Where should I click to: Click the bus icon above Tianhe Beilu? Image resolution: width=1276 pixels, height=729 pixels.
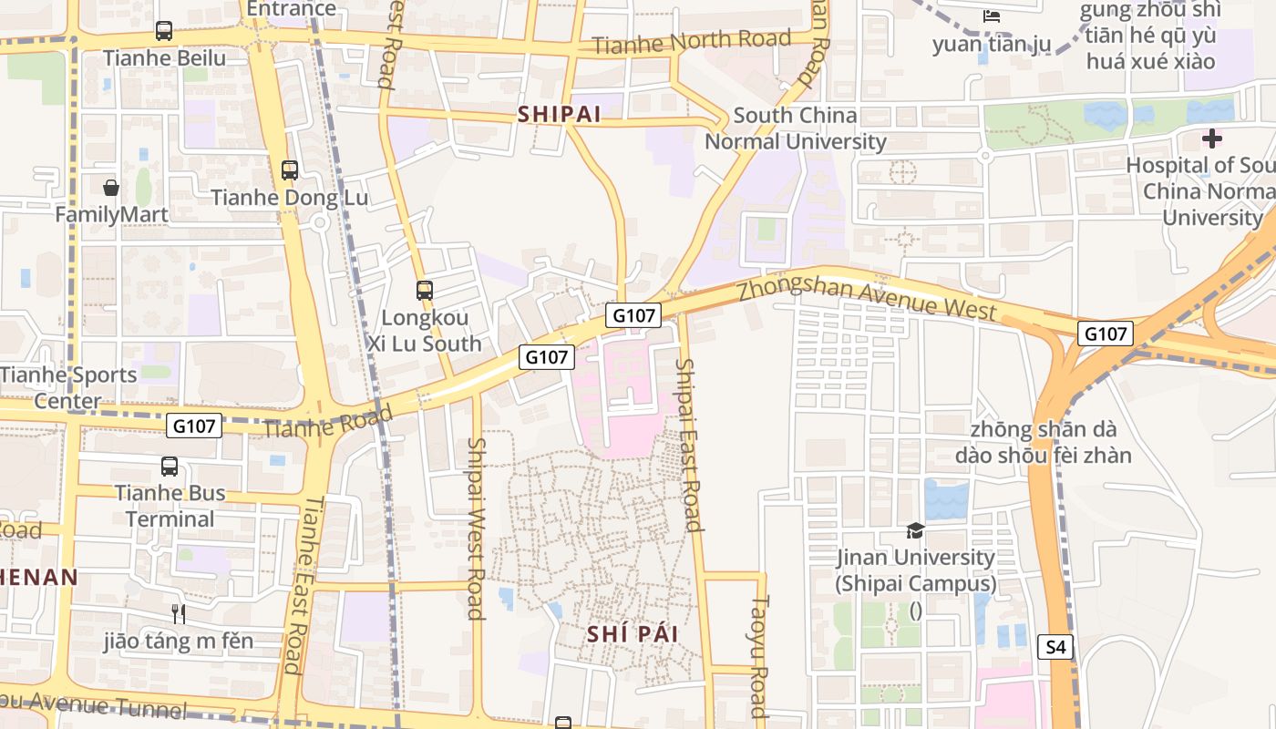pos(164,31)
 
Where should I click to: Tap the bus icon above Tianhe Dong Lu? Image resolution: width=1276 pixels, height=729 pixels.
pos(290,170)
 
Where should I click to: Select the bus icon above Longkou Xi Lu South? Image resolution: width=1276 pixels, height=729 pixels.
pos(425,291)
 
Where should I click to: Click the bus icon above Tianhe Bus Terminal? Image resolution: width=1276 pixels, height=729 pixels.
pos(170,467)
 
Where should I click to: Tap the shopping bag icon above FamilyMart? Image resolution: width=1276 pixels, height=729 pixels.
pos(111,188)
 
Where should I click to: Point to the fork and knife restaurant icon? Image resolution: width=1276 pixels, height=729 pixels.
pos(179,614)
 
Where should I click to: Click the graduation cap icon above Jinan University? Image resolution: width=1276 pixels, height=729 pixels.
pos(915,530)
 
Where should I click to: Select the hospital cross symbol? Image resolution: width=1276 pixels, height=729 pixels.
pos(1211,139)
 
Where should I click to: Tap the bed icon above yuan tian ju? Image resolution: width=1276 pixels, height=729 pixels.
pos(992,16)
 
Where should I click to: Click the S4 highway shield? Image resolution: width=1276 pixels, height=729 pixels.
pos(1055,647)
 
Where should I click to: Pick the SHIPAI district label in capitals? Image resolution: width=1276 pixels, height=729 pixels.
pos(560,115)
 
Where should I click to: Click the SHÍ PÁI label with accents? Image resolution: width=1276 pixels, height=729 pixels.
pos(633,634)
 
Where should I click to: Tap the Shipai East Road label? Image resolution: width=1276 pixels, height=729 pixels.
pos(689,445)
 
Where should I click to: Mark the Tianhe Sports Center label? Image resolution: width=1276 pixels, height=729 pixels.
pos(68,387)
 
